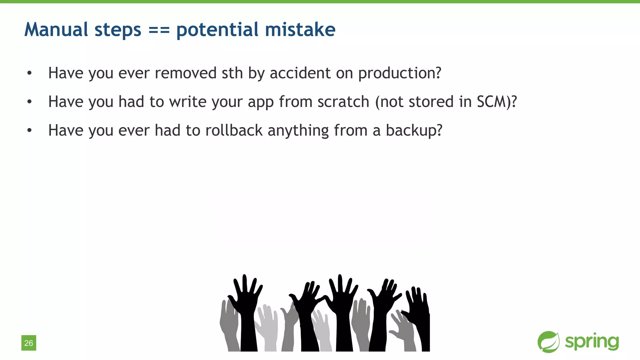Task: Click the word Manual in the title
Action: point(57,29)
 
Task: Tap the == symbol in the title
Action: point(159,30)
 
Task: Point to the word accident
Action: point(300,73)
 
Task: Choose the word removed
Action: point(185,73)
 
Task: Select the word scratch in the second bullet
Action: point(343,102)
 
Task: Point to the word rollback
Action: point(234,130)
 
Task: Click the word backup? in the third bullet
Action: point(414,131)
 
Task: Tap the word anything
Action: point(298,131)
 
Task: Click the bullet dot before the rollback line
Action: point(29,131)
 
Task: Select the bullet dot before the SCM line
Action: point(29,102)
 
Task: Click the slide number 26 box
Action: point(29,343)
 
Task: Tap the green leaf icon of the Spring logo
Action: point(548,342)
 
